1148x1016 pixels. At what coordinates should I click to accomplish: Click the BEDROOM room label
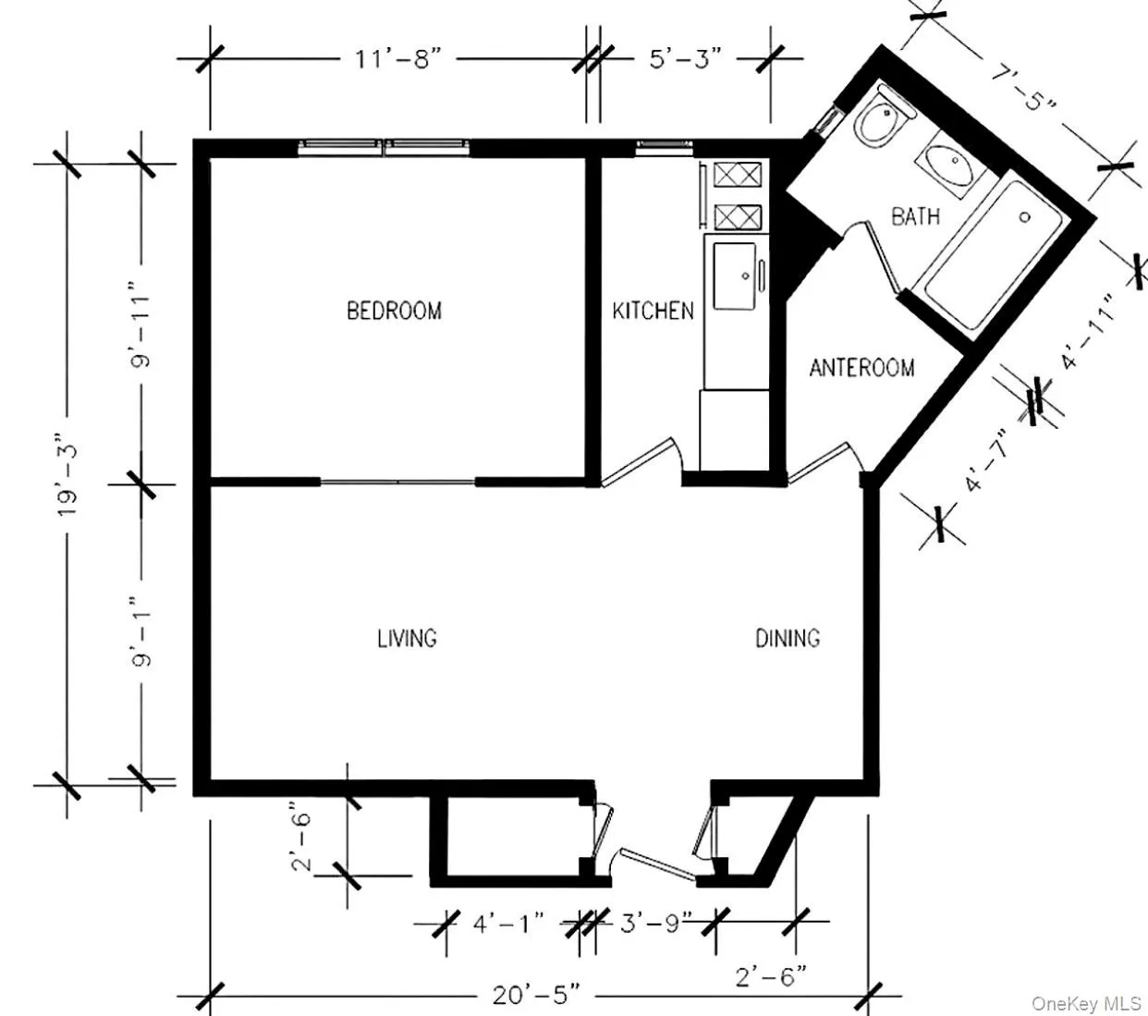pos(394,311)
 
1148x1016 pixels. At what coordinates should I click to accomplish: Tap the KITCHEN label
pos(653,311)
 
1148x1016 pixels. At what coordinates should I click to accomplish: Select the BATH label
pos(915,216)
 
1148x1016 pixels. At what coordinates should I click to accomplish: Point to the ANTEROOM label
pos(861,368)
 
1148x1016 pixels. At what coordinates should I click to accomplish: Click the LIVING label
pos(407,638)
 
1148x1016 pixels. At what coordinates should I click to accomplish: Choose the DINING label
pos(788,638)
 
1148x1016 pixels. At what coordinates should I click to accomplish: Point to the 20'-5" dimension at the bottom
pos(536,995)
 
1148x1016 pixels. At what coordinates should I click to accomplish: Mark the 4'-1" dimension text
pos(508,924)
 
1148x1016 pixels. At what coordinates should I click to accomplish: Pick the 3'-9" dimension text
pos(655,924)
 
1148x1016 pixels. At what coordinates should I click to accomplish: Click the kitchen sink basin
pos(734,276)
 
